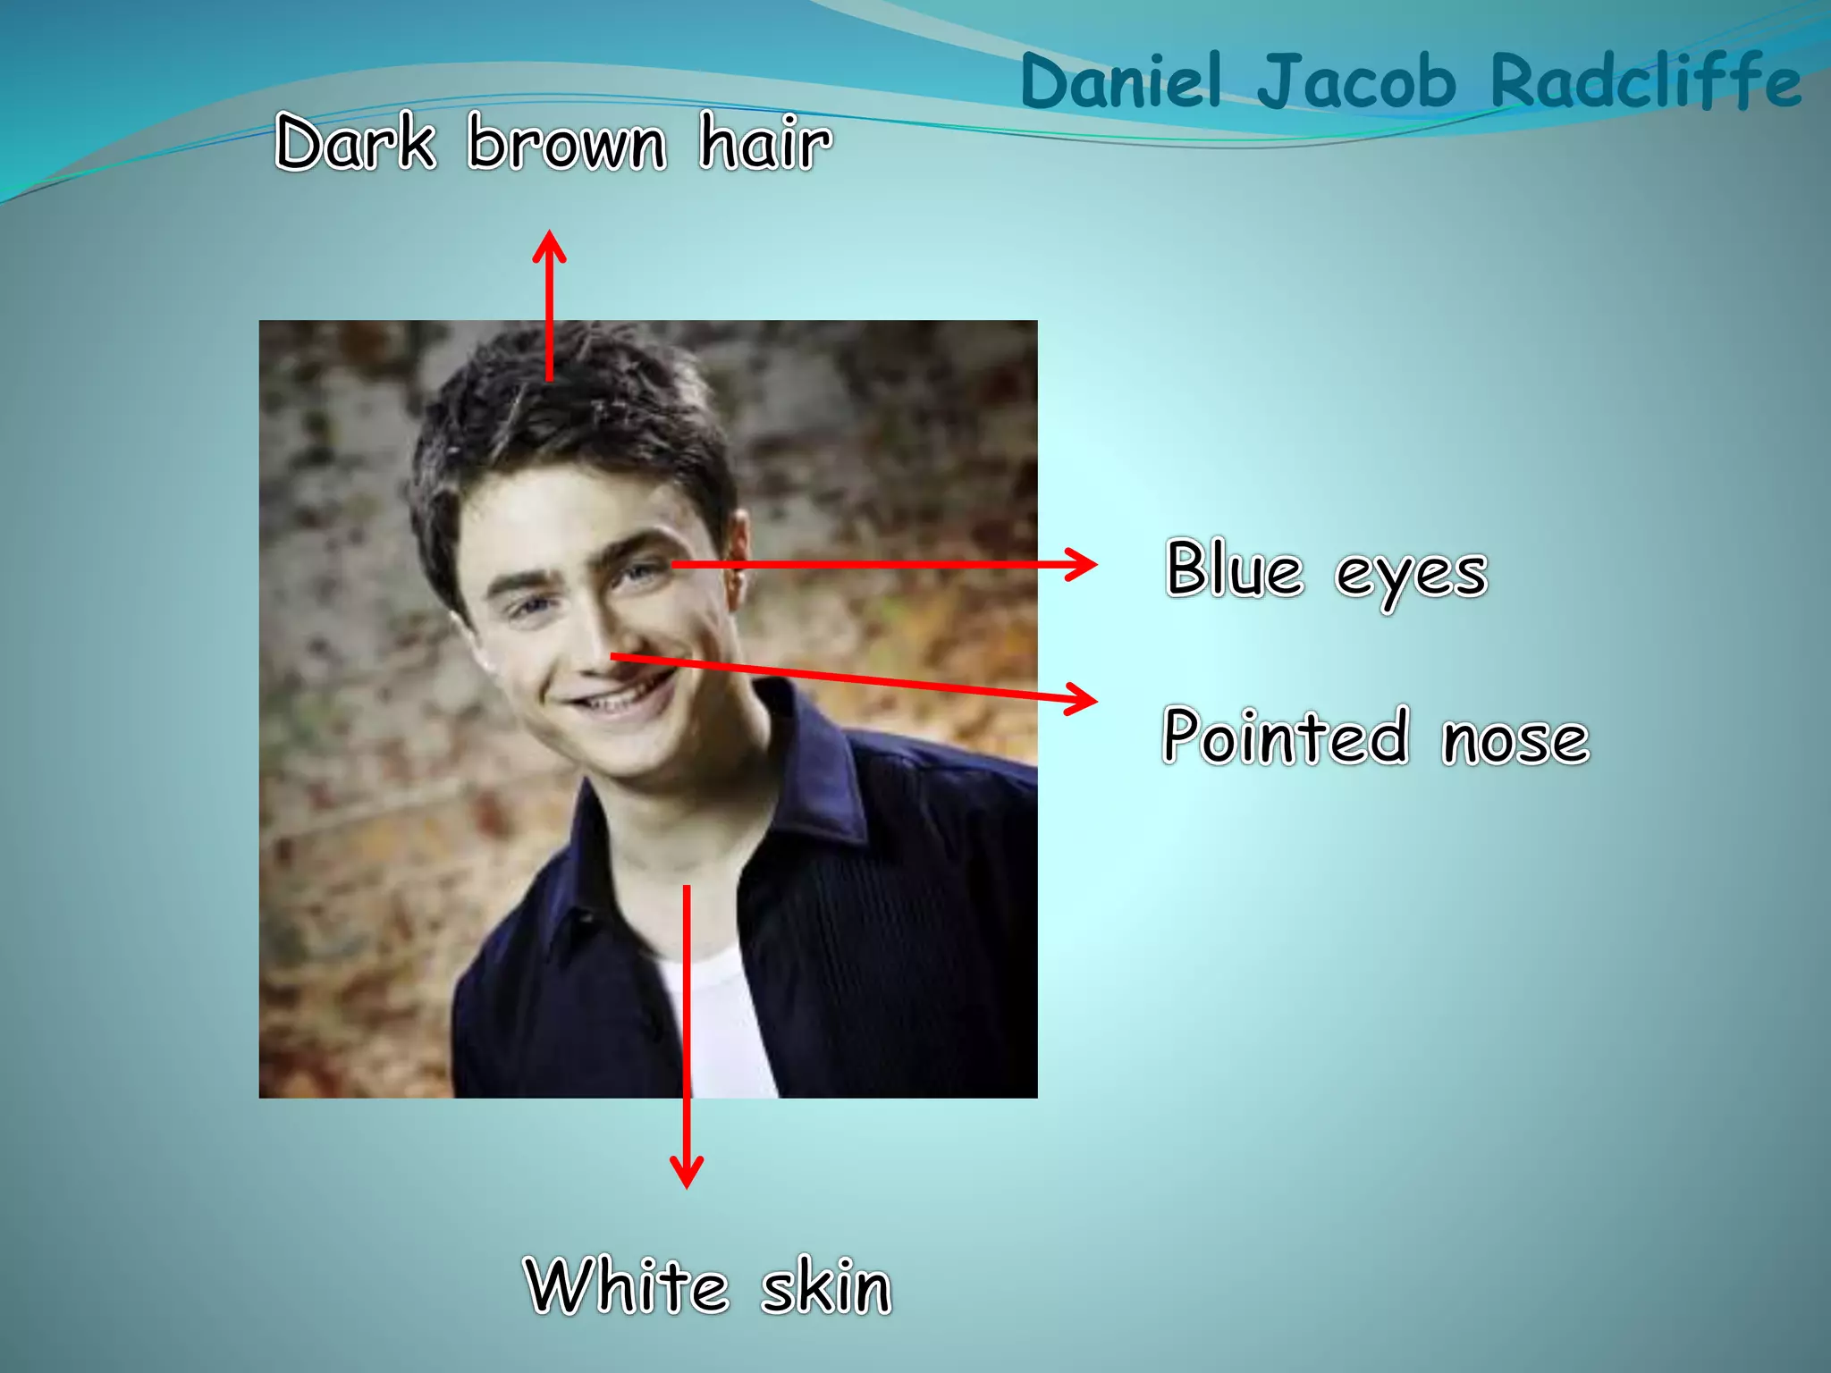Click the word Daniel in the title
pyautogui.click(x=1120, y=82)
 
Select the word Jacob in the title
pyautogui.click(x=1356, y=82)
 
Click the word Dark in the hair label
pyautogui.click(x=356, y=142)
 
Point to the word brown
pyautogui.click(x=567, y=143)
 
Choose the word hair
pyautogui.click(x=765, y=143)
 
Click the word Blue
pyautogui.click(x=1234, y=569)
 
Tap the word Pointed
pyautogui.click(x=1286, y=736)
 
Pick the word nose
pyautogui.click(x=1515, y=740)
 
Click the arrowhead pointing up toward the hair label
pyautogui.click(x=549, y=245)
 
